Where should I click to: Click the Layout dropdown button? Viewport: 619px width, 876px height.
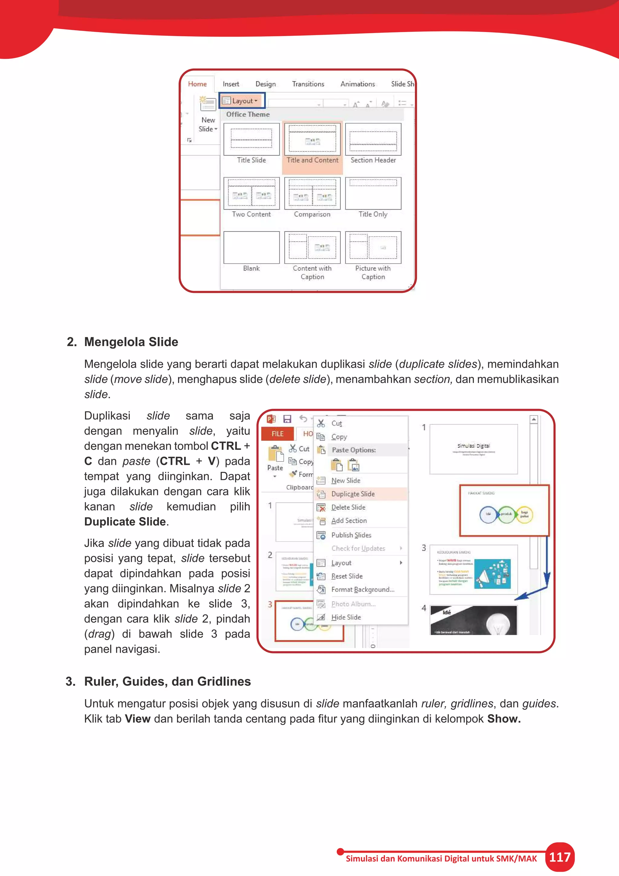tap(242, 101)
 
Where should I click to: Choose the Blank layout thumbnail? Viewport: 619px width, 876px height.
tap(251, 247)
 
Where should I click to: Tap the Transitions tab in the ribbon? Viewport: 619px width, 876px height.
tap(308, 84)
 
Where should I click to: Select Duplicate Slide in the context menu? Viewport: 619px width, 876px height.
tap(353, 494)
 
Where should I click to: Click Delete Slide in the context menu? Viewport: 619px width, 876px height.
tap(348, 507)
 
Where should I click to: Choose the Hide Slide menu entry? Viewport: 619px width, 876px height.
tap(346, 617)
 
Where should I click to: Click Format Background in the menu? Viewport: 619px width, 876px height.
tap(362, 590)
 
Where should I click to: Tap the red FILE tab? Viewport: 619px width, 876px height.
tap(277, 434)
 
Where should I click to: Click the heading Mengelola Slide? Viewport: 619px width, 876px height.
tap(131, 342)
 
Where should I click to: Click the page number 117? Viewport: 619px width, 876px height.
tap(559, 857)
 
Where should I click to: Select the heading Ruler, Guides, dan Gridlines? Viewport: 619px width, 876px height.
tap(167, 682)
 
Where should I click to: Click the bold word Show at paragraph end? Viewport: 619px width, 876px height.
tap(504, 719)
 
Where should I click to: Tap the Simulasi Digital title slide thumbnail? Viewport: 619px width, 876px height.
tap(473, 449)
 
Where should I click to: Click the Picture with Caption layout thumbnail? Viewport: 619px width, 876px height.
tap(373, 247)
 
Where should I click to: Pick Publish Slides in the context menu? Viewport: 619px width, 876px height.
tap(351, 535)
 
